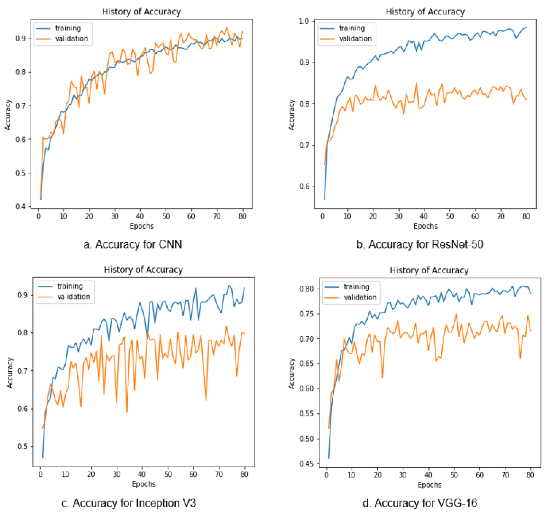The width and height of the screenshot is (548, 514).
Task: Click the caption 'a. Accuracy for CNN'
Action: [133, 244]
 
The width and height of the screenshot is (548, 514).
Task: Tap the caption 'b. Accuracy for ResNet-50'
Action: [420, 244]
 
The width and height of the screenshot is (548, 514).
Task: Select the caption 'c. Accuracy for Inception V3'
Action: [128, 503]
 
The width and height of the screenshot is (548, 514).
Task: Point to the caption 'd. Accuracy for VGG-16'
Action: [420, 503]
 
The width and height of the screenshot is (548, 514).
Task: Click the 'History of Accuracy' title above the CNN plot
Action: [141, 12]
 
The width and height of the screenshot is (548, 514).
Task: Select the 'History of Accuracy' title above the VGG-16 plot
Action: [429, 270]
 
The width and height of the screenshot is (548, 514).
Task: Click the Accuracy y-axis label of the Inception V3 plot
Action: [10, 373]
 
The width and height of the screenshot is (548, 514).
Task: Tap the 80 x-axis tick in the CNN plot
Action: [242, 216]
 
